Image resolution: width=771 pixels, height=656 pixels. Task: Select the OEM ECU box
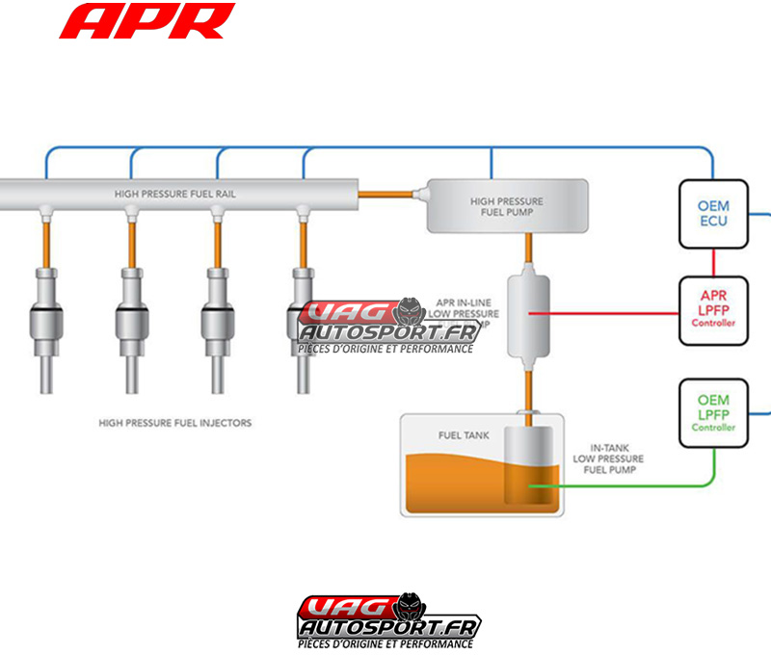pyautogui.click(x=713, y=213)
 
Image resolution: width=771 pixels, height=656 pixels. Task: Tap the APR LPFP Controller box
pyautogui.click(x=713, y=309)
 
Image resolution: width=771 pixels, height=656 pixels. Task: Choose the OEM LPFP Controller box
pyautogui.click(x=713, y=412)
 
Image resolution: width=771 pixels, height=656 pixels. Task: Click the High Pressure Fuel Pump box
pyautogui.click(x=507, y=206)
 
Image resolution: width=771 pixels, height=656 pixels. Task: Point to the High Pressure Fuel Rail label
pyautogui.click(x=175, y=194)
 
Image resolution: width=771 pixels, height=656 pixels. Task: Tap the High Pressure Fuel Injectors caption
pyautogui.click(x=175, y=422)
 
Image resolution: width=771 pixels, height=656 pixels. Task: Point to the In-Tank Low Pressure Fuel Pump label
pyautogui.click(x=608, y=459)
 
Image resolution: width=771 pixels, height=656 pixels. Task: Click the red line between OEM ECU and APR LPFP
pyautogui.click(x=713, y=260)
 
